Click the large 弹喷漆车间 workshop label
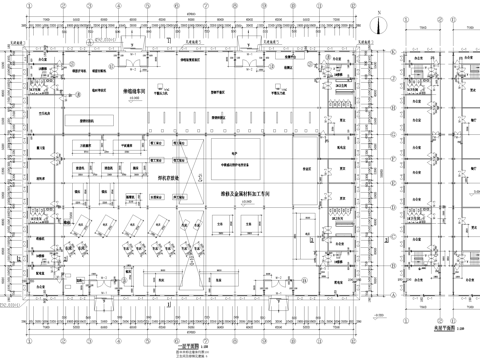tap(135, 92)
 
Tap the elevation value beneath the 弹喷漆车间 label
tap(135, 100)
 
